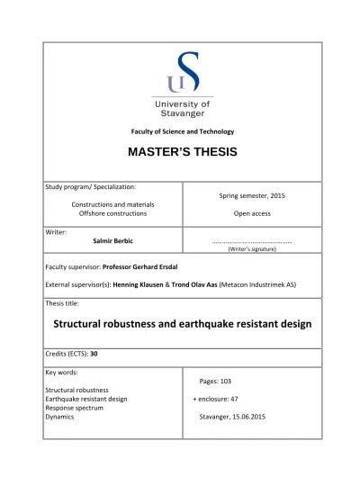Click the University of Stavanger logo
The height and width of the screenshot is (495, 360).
(x=182, y=85)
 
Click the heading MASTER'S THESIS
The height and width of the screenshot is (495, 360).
(x=182, y=152)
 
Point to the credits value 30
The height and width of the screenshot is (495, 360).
(x=94, y=354)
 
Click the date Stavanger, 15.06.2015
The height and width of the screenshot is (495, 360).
(x=238, y=418)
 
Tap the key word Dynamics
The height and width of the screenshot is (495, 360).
(x=61, y=418)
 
